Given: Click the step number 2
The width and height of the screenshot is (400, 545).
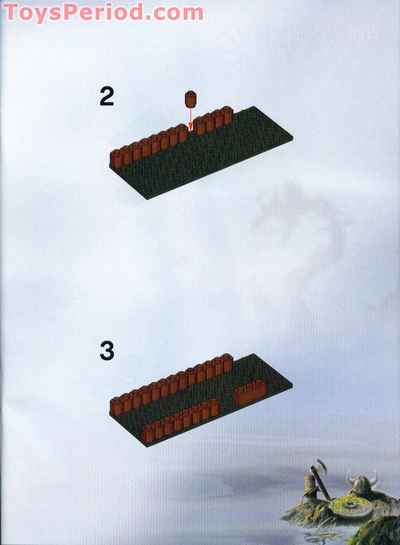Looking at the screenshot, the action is (107, 96).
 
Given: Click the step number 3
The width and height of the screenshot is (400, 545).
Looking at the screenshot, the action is (107, 351).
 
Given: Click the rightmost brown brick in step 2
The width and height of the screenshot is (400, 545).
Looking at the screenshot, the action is (228, 115).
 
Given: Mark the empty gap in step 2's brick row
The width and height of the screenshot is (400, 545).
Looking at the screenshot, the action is (190, 134).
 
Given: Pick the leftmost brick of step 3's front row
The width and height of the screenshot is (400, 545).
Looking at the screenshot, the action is (147, 433).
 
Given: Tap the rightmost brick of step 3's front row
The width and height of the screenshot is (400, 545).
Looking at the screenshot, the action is (215, 407).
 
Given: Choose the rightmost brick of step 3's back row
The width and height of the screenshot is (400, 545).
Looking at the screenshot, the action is (228, 363).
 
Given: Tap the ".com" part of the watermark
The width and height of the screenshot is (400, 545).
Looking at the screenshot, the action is (174, 13).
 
